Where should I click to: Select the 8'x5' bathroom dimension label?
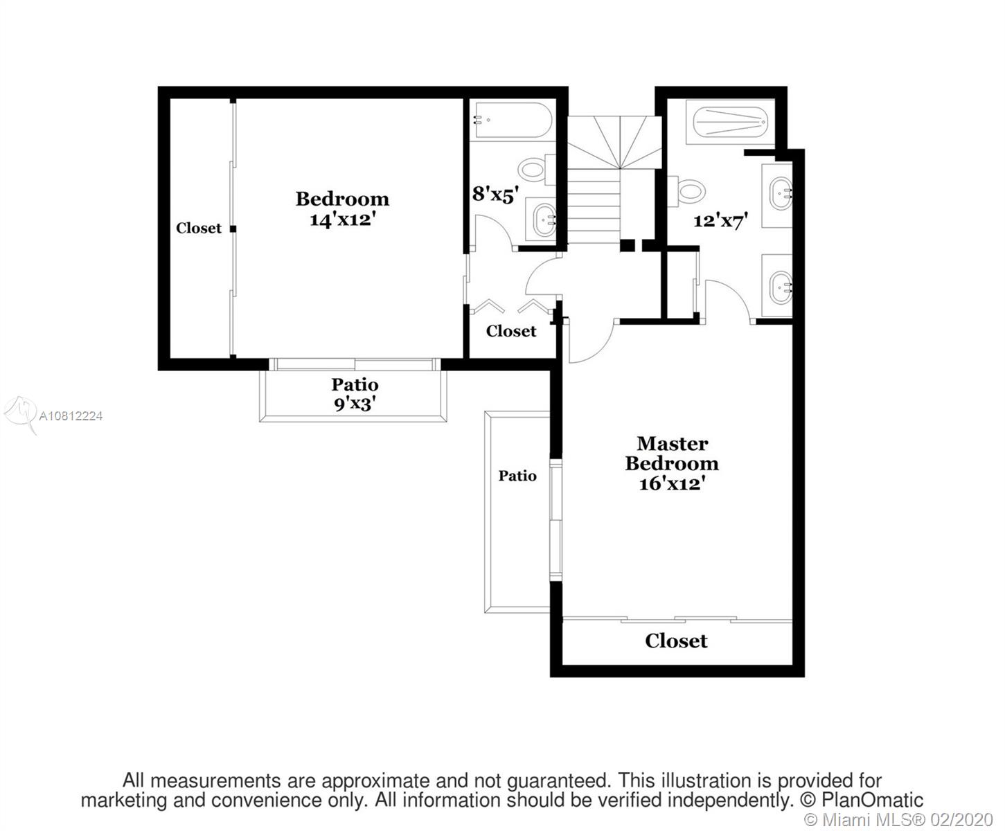tap(495, 195)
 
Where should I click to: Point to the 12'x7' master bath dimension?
tap(720, 221)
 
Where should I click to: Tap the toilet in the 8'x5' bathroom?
tap(536, 170)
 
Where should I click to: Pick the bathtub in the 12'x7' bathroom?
tap(730, 122)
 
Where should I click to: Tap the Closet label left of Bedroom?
tap(199, 228)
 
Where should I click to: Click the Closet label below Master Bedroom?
tap(676, 641)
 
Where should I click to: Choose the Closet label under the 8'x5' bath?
tap(511, 331)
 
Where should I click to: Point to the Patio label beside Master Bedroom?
tap(517, 476)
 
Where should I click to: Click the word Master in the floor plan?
tap(673, 443)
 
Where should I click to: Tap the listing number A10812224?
tap(71, 416)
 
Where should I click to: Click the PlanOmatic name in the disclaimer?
tap(872, 801)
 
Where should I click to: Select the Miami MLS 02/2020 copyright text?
tap(899, 819)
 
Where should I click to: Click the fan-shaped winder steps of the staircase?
tap(614, 142)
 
